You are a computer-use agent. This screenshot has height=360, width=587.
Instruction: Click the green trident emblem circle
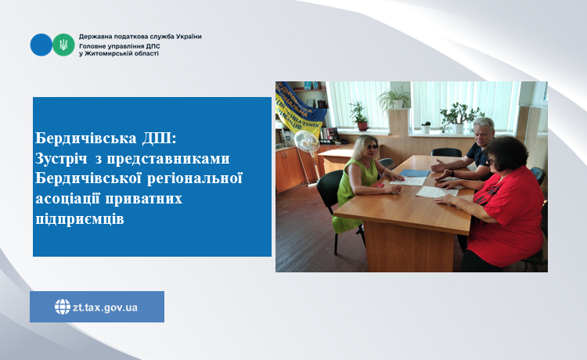point(63,45)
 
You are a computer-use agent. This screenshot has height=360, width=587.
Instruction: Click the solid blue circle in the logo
point(41,45)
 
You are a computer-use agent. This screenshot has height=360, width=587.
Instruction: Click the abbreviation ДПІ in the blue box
point(159,138)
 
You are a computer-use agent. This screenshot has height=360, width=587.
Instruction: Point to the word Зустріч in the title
point(63,158)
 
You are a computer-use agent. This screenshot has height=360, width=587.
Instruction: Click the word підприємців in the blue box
point(80,219)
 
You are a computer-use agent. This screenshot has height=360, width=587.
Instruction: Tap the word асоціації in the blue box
point(67,198)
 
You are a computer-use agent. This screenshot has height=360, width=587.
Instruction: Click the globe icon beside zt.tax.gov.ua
point(63,307)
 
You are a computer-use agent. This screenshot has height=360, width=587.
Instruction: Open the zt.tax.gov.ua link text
point(105,308)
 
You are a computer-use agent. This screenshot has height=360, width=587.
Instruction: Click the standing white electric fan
point(308,157)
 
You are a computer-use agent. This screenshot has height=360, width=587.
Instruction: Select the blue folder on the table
point(415,173)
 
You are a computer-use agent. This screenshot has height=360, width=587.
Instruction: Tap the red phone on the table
point(380,185)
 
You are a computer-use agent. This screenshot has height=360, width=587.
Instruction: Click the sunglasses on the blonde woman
point(371,147)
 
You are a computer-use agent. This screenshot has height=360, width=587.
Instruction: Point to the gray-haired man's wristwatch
point(452,174)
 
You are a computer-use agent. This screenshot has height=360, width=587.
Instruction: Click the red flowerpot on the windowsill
point(362,126)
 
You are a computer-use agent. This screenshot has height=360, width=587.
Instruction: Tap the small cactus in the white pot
point(426,127)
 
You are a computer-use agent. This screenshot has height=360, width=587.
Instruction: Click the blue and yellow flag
point(298,107)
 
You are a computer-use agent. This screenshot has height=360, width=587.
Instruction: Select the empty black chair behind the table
point(446,152)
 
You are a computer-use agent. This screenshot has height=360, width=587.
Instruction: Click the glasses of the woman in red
point(491,161)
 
